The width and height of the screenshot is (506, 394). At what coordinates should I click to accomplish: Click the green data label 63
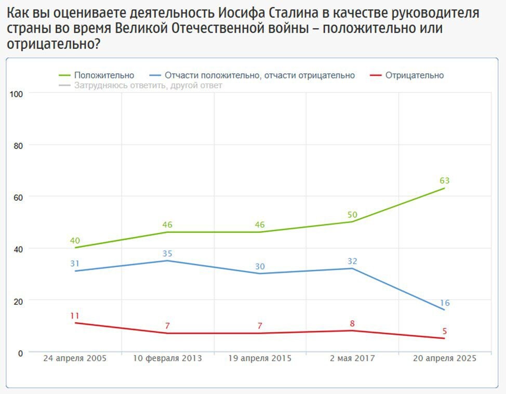coord(444,181)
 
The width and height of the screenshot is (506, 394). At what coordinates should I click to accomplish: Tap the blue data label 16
coord(444,303)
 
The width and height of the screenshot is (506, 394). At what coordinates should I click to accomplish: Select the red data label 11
coord(75,316)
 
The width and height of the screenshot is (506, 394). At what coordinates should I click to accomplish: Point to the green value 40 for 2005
coord(75,241)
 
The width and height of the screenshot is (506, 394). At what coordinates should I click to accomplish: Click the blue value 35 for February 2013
coord(167,254)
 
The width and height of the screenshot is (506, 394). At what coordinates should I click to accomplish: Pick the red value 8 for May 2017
coord(352,324)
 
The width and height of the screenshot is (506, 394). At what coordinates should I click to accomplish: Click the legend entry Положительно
coord(104,75)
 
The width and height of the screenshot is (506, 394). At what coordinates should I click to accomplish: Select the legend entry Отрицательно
coord(414,75)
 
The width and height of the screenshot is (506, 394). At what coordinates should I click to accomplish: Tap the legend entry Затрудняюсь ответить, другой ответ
coord(148,85)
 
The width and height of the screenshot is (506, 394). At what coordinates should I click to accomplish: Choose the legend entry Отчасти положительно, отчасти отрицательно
coord(259,75)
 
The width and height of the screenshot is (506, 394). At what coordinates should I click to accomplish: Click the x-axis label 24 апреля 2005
coord(75,359)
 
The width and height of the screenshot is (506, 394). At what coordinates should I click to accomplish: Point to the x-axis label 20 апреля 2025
coord(444,359)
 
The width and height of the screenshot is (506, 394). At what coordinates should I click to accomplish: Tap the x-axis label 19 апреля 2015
coord(260,359)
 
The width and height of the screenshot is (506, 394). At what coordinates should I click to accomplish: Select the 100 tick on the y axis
coord(17,94)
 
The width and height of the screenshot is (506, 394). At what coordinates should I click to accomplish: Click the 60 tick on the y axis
coord(19,197)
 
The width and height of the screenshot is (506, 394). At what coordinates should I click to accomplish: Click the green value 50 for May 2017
coord(352,215)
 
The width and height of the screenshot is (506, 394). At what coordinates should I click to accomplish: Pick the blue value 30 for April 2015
coord(260,267)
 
